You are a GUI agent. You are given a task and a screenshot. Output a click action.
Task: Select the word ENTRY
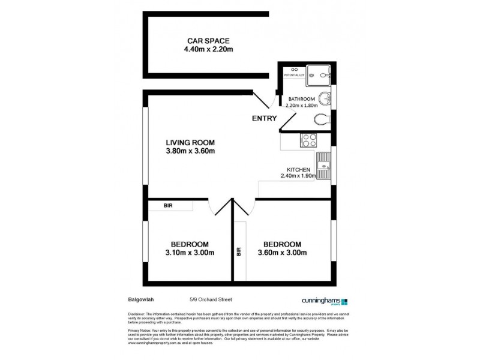tap(264, 118)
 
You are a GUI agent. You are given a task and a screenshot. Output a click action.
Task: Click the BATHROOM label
tap(301, 99)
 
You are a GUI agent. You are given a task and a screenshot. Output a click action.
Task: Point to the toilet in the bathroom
tap(322, 118)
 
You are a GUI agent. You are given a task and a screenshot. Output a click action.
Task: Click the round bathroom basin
tap(324, 98)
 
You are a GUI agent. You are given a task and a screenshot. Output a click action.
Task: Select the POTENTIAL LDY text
tap(294, 76)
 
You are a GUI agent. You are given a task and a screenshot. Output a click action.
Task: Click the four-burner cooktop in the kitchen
tap(308, 140)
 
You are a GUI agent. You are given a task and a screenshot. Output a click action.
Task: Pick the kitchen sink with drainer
tap(324, 166)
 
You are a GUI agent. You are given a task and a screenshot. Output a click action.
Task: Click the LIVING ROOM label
tap(190, 142)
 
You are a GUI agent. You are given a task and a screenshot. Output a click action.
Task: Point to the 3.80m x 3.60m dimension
tap(190, 151)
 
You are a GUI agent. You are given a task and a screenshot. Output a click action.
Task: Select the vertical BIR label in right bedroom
tap(239, 252)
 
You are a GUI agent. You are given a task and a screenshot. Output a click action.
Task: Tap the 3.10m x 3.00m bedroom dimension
tap(190, 253)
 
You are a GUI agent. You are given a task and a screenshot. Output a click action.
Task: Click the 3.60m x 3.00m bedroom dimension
tap(282, 253)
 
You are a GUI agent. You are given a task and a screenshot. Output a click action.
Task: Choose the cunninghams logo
tap(323, 302)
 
